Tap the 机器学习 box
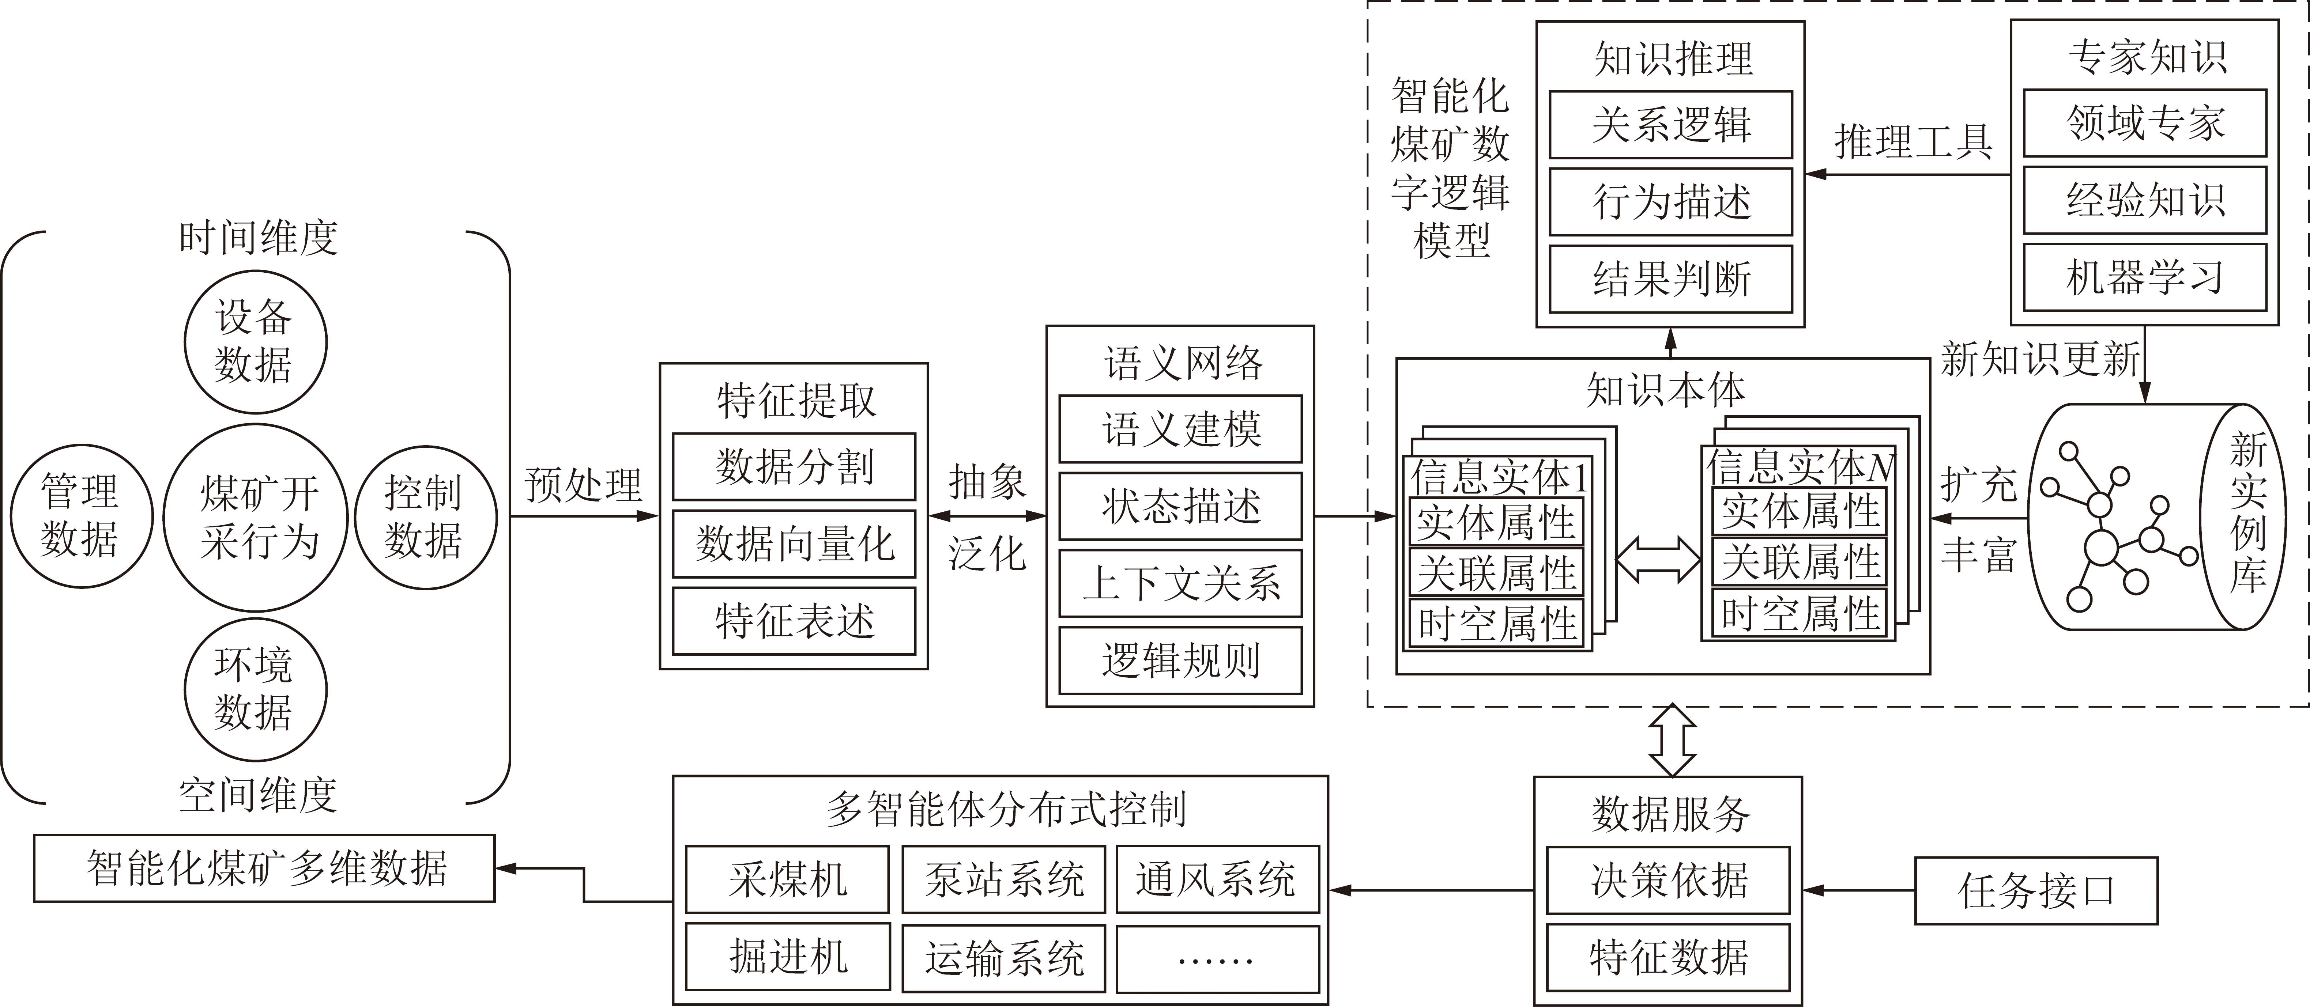tap(2145, 277)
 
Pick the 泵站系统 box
tap(1003, 879)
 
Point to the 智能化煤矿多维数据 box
tap(264, 868)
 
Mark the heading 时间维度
tap(258, 238)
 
